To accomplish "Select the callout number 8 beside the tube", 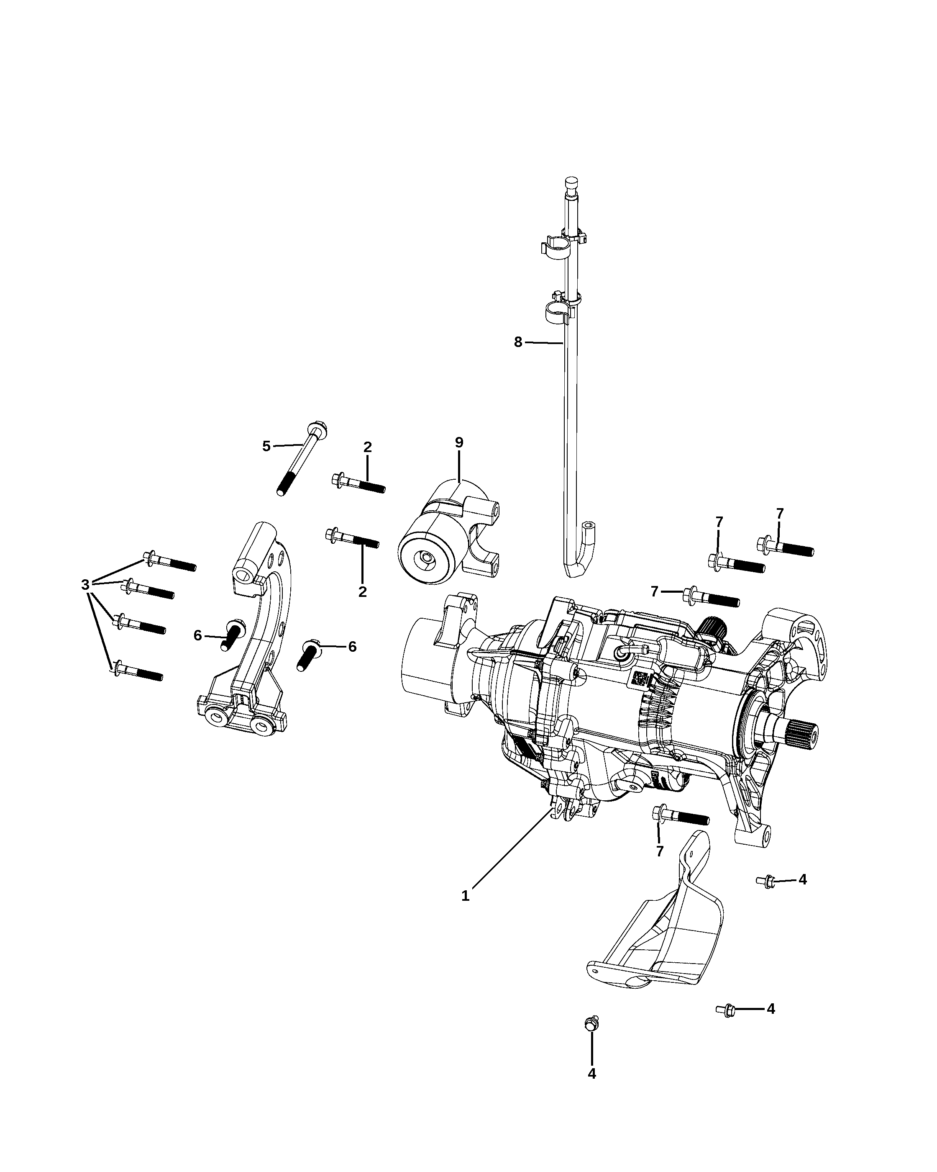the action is (x=518, y=342).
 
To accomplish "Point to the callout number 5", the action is (x=266, y=446).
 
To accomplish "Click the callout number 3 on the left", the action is (x=85, y=584).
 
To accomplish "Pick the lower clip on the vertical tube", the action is (x=562, y=308).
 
